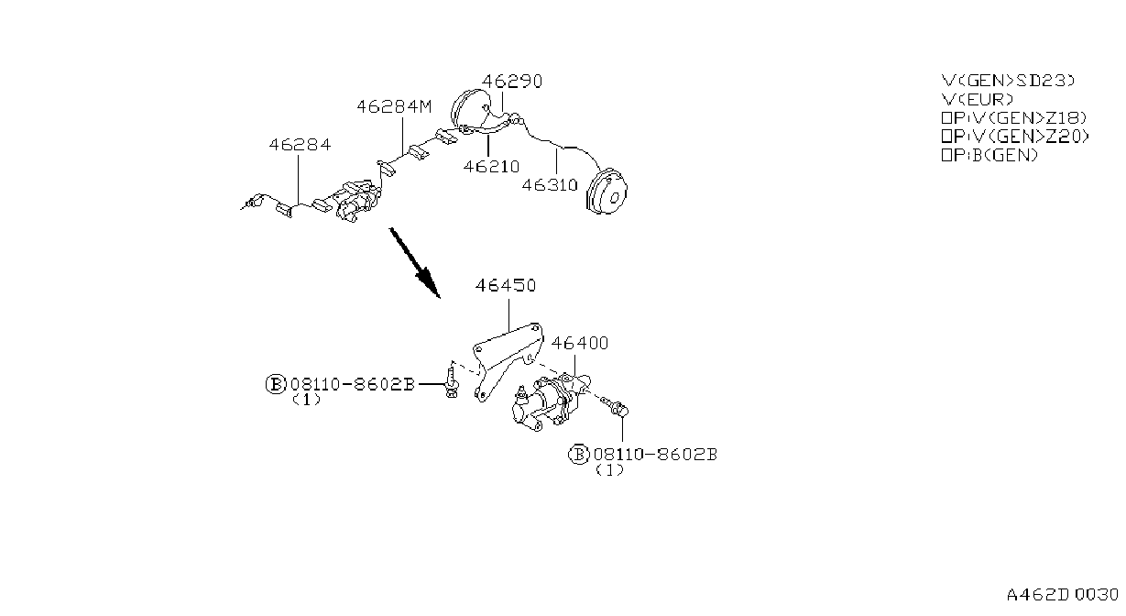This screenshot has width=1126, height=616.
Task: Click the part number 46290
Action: coord(512,82)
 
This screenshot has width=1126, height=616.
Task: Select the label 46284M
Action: coord(394,107)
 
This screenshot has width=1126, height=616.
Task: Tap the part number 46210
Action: coord(491,167)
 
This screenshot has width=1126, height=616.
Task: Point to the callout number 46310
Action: coord(550,185)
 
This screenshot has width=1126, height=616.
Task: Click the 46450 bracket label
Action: coord(506,286)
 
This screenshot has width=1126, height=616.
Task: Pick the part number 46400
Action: coord(580,344)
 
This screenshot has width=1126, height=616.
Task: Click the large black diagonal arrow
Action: coord(415,263)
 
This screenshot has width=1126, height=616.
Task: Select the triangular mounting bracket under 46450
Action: coord(508,361)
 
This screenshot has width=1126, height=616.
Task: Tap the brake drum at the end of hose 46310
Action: coord(607,192)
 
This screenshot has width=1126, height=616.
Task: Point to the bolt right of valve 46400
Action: coord(616,407)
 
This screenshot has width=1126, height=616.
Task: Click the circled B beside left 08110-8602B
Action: coord(276,385)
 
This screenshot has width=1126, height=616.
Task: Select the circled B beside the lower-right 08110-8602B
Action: coord(578,455)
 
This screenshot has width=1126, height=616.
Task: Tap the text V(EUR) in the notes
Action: coord(977,100)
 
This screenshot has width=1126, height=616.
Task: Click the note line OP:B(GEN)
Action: coord(989,156)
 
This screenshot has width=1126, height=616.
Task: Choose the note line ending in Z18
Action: coord(1013,118)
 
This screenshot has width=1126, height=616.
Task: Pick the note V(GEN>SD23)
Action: coord(1008,81)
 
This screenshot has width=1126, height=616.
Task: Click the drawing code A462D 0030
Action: coord(1063,596)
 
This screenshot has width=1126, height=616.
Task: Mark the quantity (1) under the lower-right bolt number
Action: coord(609,470)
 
